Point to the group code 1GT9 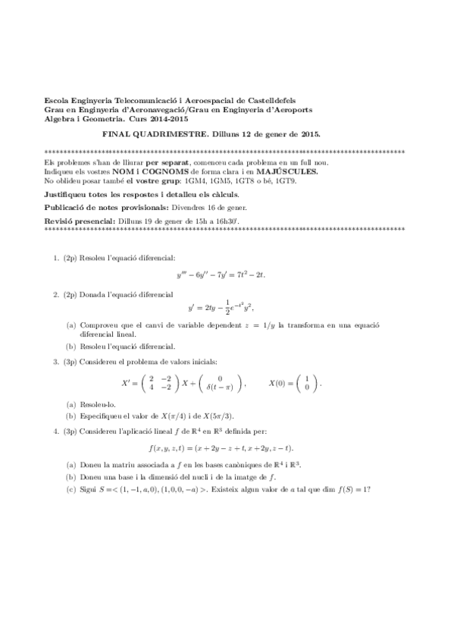click(285, 182)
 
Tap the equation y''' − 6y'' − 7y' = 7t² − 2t click(226, 275)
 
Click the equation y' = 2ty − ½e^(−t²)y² click(226, 308)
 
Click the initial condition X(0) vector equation click(296, 384)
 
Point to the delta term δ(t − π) click(220, 390)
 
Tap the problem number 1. click(55, 259)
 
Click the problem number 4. click(55, 431)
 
